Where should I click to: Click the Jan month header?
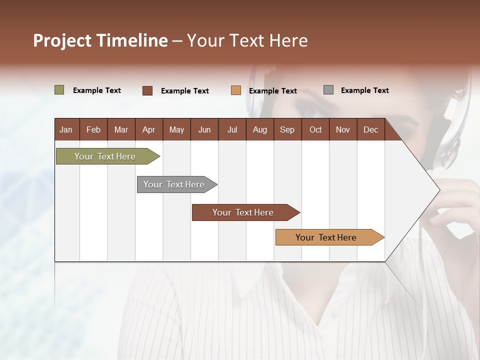pyautogui.click(x=66, y=129)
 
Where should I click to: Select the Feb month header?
pyautogui.click(x=93, y=129)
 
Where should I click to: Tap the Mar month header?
pyautogui.click(x=121, y=129)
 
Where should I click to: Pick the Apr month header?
pyautogui.click(x=148, y=129)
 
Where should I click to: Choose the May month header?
pyautogui.click(x=176, y=129)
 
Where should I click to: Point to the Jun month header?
pyautogui.click(x=204, y=129)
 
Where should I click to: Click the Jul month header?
pyautogui.click(x=232, y=129)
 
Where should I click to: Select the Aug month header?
pyautogui.click(x=259, y=129)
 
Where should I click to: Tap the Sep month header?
pyautogui.click(x=287, y=129)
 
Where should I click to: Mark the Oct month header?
pyautogui.click(x=315, y=129)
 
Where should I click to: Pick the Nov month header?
pyautogui.click(x=343, y=129)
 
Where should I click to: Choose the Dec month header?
pyautogui.click(x=370, y=129)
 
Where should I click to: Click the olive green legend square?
pyautogui.click(x=59, y=90)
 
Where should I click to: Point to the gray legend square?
pyautogui.click(x=328, y=90)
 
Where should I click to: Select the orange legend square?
pyautogui.click(x=236, y=90)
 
